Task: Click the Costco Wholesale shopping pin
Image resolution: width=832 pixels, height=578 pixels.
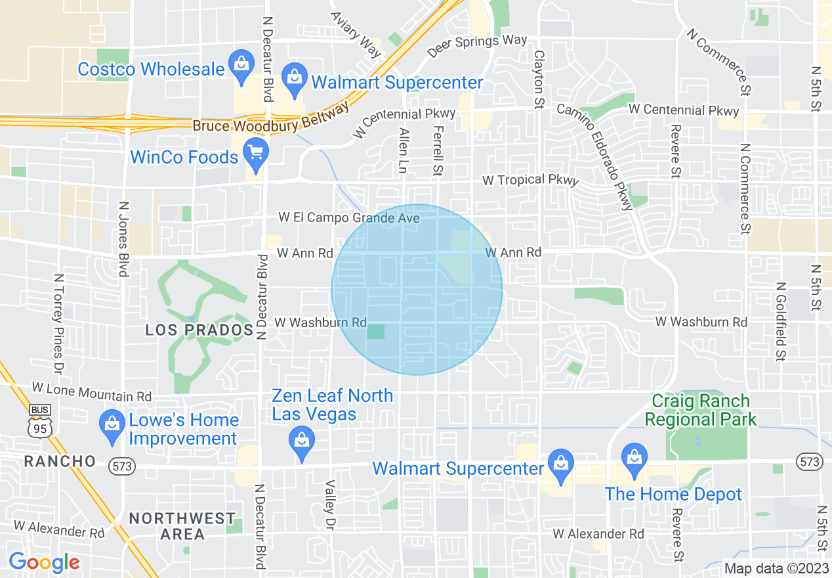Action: [x=241, y=66]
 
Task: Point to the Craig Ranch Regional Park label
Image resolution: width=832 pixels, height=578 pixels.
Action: [x=701, y=410]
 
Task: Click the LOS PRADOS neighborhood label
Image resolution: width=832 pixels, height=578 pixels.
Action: [x=199, y=330]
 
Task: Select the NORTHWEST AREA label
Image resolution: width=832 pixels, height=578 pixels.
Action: [x=182, y=526]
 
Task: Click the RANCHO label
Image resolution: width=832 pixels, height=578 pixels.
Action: [x=60, y=461]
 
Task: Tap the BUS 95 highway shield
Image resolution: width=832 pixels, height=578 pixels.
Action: [x=40, y=421]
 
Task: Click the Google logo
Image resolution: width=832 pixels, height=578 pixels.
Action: [x=44, y=562]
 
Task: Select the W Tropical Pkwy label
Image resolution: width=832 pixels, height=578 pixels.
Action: [x=530, y=179]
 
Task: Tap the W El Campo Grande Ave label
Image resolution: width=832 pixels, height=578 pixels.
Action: [x=348, y=217]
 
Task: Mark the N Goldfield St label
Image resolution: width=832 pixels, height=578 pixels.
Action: [x=780, y=321]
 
